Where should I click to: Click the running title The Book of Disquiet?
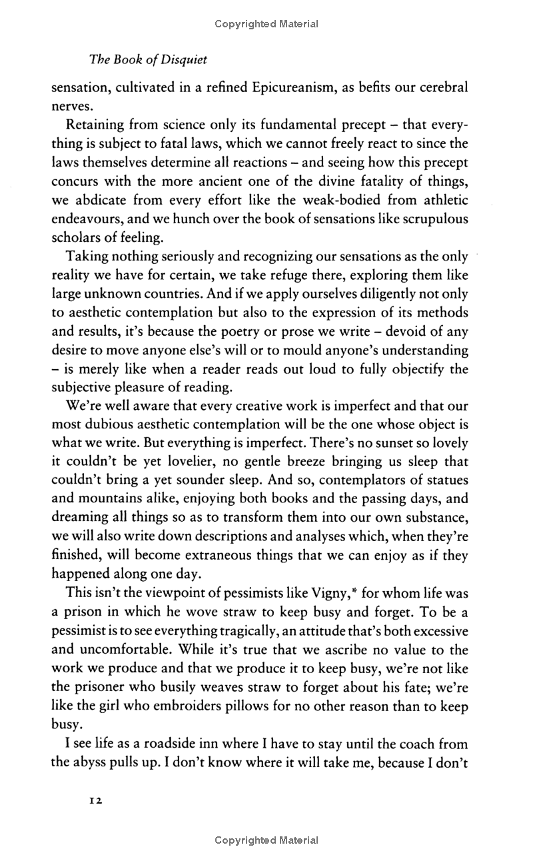148,60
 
